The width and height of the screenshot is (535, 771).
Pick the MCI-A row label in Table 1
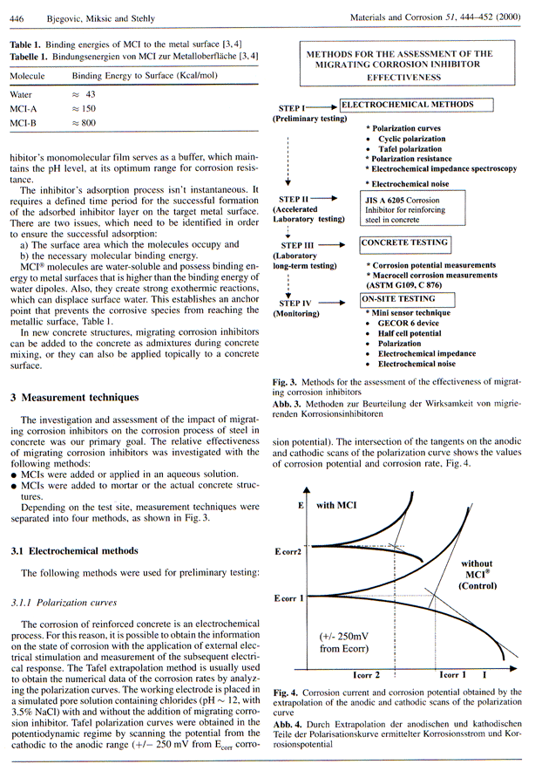(x=24, y=109)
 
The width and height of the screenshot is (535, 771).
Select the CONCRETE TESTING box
(x=405, y=242)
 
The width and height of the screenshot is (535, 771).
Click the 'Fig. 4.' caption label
(x=287, y=692)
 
